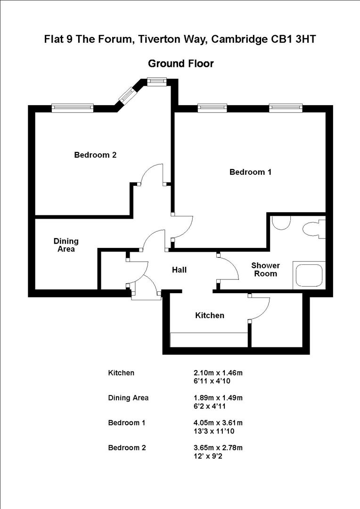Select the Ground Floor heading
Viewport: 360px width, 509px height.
(x=180, y=63)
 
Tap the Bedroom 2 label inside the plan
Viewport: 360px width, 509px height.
(x=95, y=155)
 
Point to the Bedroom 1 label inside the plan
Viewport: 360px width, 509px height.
(x=250, y=172)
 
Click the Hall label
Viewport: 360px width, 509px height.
(x=179, y=270)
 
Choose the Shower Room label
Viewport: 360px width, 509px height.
(x=265, y=270)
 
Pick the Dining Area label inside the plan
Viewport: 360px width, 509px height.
(x=66, y=245)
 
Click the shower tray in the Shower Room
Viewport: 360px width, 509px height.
(x=309, y=275)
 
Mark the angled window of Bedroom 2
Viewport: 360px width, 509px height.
(x=127, y=95)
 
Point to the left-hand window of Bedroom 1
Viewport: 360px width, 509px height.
(x=213, y=108)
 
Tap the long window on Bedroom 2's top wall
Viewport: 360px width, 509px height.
(x=72, y=108)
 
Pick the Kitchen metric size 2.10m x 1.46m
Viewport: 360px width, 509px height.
(x=215, y=373)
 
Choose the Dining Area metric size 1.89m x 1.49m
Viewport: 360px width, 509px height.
(x=215, y=398)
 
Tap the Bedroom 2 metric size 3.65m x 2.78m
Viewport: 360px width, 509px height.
(x=215, y=448)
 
